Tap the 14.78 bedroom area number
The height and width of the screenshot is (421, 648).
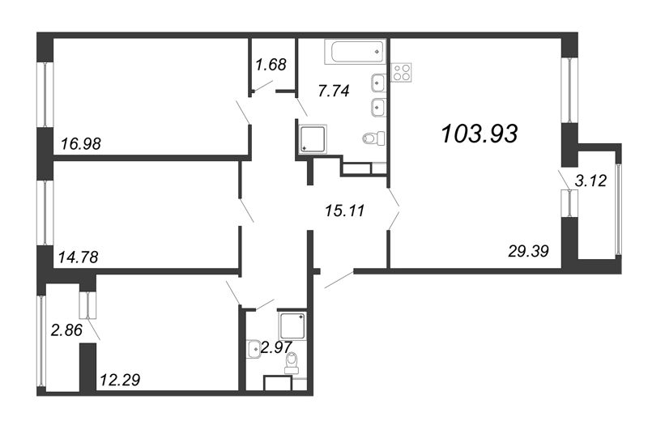(x=79, y=258)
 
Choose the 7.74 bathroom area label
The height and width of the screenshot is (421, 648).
(x=333, y=91)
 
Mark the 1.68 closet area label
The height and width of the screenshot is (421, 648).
(x=271, y=65)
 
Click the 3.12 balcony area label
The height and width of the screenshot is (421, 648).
(x=590, y=183)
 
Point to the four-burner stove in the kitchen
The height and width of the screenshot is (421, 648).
(x=402, y=72)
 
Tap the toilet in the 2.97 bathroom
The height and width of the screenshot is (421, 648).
(x=292, y=359)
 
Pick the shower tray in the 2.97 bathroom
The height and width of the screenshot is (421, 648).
(x=292, y=325)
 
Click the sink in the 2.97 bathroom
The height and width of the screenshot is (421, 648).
(x=252, y=349)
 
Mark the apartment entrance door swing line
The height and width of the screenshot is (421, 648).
(x=339, y=279)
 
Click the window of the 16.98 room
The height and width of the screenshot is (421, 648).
(x=44, y=93)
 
